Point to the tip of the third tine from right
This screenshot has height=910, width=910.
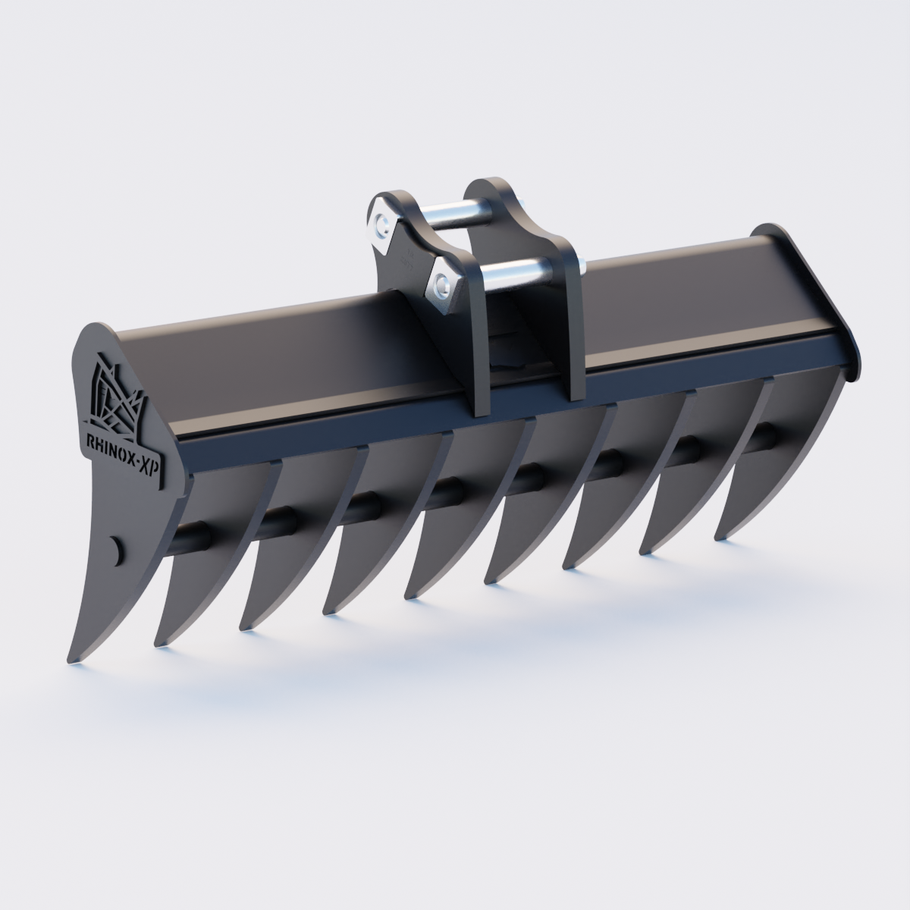click(x=565, y=565)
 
